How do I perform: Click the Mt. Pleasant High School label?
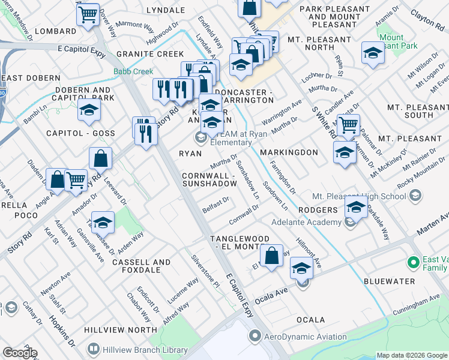(359, 196)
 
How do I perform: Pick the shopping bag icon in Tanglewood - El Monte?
(272, 254)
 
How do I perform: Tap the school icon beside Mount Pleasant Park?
(373, 53)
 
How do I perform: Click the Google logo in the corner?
(20, 353)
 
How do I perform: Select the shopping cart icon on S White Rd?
(348, 125)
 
